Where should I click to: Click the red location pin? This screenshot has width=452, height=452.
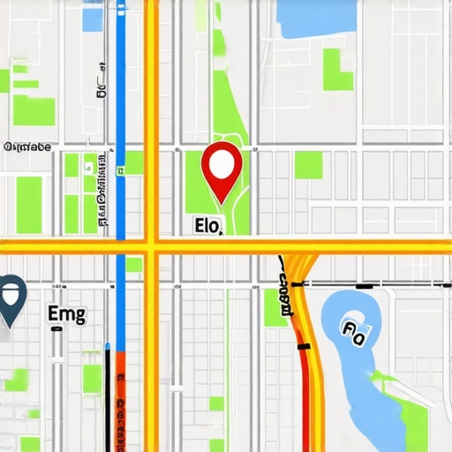point(222,165)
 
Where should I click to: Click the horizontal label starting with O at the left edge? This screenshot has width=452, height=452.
point(27,147)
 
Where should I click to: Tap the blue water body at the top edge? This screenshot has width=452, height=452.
point(318,18)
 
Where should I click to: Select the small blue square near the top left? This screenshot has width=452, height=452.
point(92,19)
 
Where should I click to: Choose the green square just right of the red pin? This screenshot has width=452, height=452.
point(308,164)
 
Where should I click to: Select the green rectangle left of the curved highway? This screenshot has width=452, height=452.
point(275,307)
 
